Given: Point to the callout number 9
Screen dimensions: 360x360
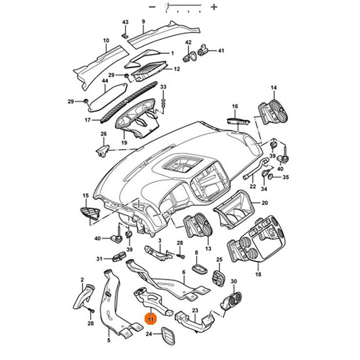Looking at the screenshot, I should [x=143, y=22].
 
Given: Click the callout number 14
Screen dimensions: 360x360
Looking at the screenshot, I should [x=274, y=87].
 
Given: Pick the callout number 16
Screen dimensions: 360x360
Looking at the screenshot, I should [x=235, y=107].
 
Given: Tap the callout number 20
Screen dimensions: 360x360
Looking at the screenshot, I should [x=264, y=203].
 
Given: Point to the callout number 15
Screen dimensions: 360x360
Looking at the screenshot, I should [x=85, y=196].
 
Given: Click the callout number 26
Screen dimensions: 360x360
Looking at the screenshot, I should [x=103, y=135].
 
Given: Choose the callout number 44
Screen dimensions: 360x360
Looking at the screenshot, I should [x=105, y=81].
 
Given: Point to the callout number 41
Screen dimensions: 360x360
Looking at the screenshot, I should [x=221, y=51].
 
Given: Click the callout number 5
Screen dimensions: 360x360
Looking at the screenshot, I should [x=109, y=340].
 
